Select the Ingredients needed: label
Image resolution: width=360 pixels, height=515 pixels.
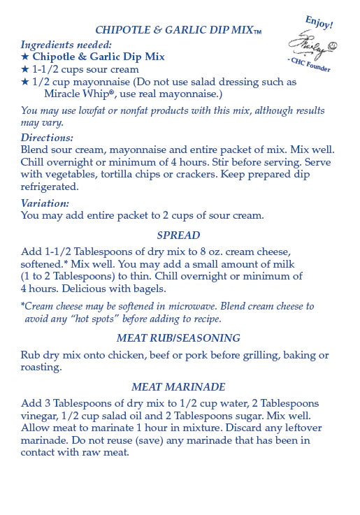[x=66, y=44]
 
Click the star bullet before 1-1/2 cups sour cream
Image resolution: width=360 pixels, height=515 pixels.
[x=25, y=69]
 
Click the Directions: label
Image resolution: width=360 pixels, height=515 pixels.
[x=47, y=138]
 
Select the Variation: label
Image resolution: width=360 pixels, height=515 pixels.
[x=45, y=203]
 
